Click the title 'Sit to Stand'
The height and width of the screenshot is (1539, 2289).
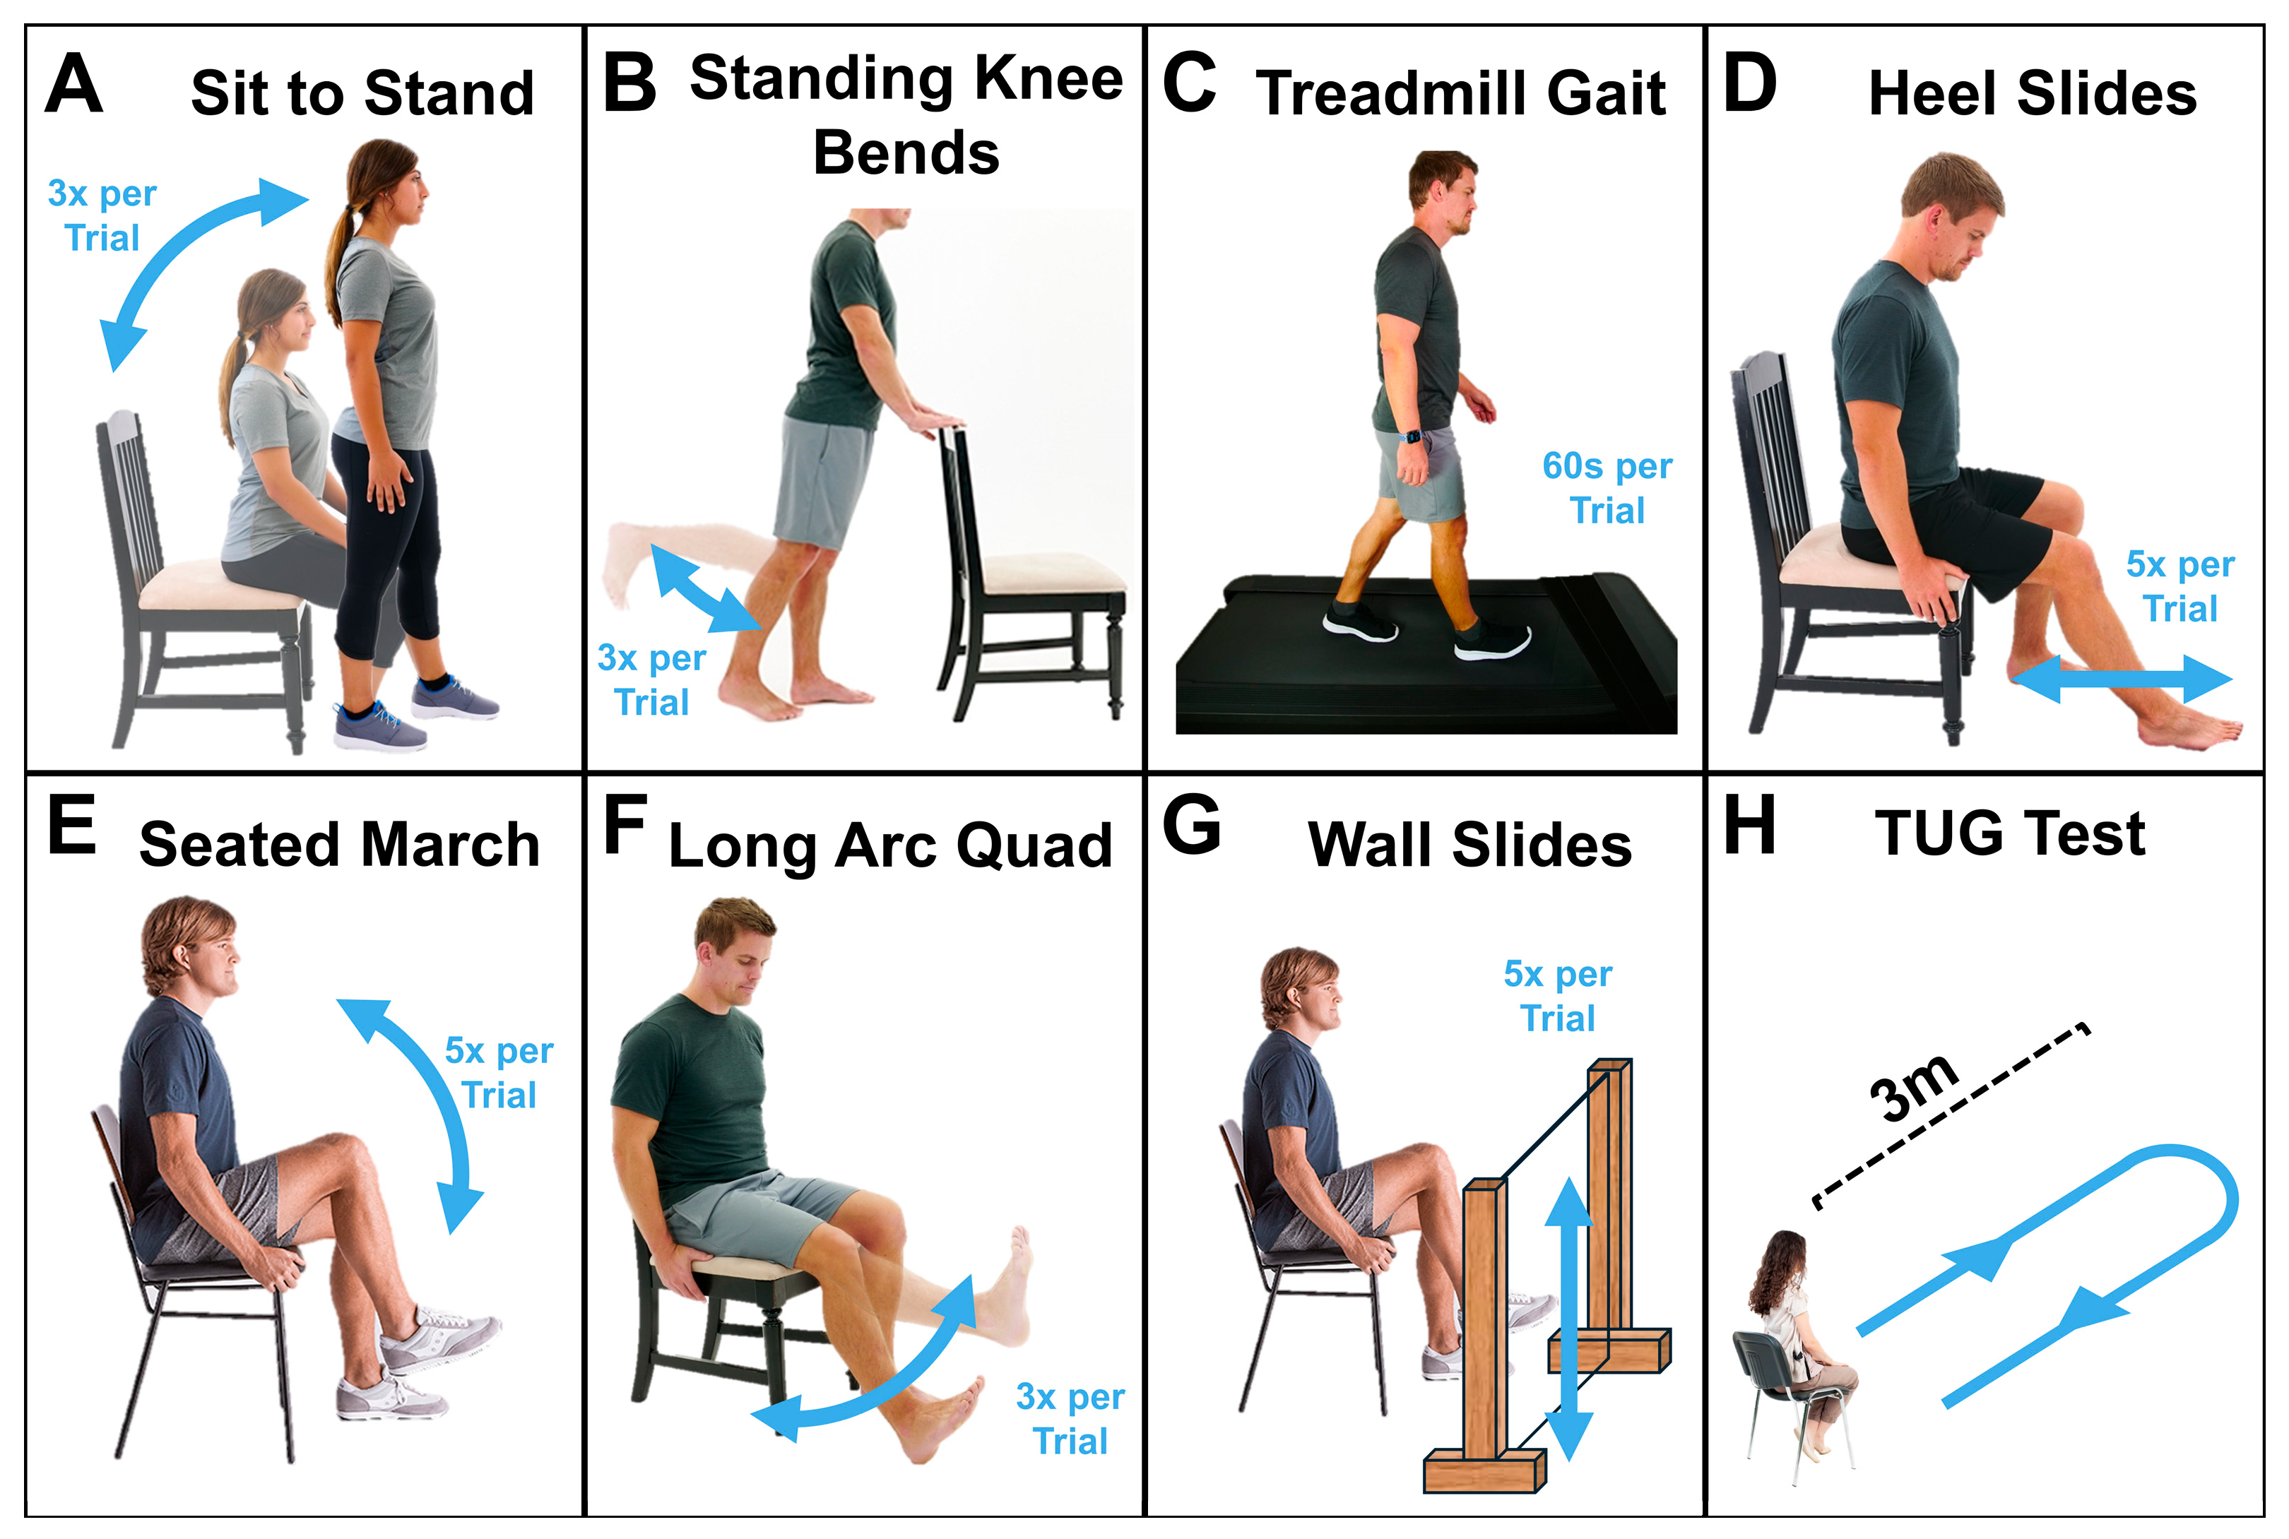[362, 94]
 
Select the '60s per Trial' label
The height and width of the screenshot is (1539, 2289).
[1607, 488]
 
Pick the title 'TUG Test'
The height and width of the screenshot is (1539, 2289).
[2009, 834]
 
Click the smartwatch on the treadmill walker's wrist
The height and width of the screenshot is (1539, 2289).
[1412, 436]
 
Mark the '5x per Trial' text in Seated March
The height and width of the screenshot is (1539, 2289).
[499, 1073]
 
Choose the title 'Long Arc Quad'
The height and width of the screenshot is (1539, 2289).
[890, 846]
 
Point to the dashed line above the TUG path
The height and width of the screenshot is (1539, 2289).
[1951, 1116]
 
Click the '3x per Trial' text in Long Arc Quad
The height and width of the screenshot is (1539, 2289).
[1070, 1419]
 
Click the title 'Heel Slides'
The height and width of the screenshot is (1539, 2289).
[2032, 94]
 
